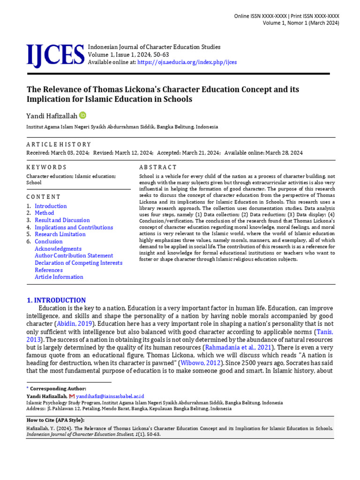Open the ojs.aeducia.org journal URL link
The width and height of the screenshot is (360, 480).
(x=187, y=62)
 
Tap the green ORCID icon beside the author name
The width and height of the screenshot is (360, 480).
(x=83, y=115)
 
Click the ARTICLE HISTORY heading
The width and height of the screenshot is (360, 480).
(x=59, y=144)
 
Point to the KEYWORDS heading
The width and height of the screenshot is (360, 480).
(x=46, y=167)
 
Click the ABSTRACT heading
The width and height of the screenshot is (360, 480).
(x=158, y=167)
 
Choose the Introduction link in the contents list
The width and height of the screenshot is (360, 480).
(x=51, y=206)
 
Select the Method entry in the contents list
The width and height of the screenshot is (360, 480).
(x=44, y=213)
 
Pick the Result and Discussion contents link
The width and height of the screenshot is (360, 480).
(x=62, y=220)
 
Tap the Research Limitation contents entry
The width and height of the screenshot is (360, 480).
(x=60, y=234)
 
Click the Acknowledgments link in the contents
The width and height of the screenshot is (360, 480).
(x=58, y=249)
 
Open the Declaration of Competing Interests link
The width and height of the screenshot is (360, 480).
(x=78, y=263)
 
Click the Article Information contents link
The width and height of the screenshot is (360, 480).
(x=59, y=277)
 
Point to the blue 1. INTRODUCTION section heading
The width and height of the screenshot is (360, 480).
(x=56, y=300)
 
